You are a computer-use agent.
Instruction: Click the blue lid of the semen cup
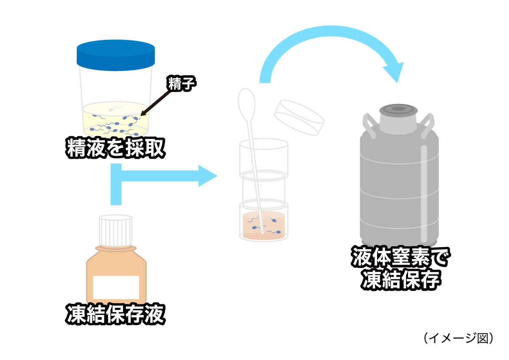coord(115,55)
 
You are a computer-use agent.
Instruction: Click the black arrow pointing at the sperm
coord(159,101)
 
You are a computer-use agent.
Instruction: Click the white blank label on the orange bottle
coord(116,287)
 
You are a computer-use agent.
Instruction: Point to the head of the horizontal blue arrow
coord(208,175)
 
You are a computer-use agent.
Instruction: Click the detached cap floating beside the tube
coord(299,117)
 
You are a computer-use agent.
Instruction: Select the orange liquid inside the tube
coord(263,225)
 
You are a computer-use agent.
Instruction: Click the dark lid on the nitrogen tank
coord(398,110)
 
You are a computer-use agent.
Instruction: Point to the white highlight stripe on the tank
coord(424,191)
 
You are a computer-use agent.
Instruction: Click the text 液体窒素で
coord(400,257)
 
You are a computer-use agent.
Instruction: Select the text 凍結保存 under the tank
coord(400,280)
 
